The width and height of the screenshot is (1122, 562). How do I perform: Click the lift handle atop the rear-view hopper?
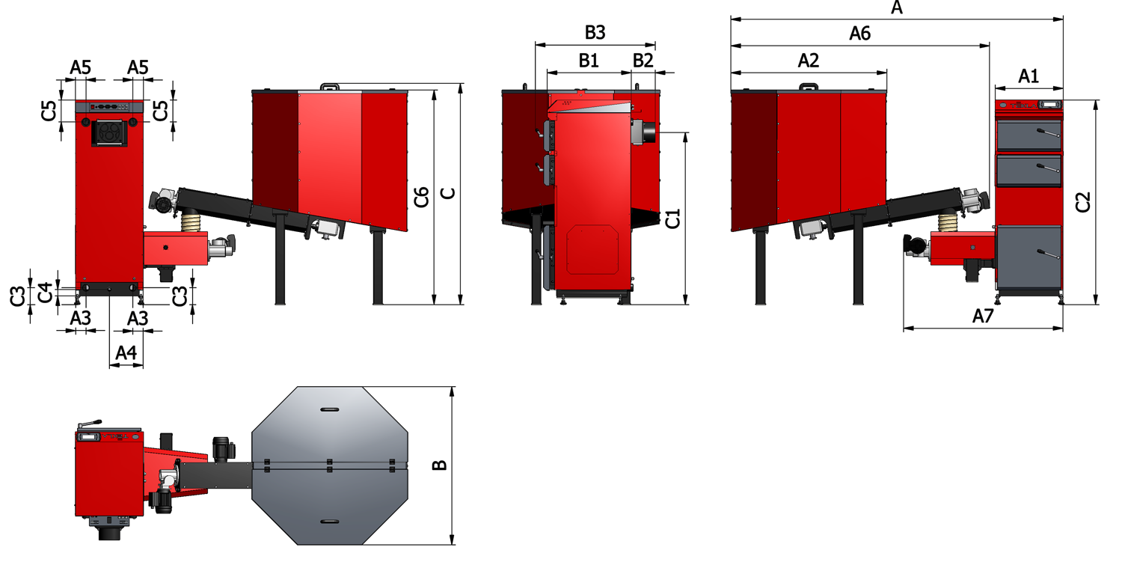[x=330, y=88]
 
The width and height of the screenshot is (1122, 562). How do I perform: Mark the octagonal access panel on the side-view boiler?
[x=592, y=251]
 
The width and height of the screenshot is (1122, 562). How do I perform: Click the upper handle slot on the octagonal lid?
[x=329, y=409]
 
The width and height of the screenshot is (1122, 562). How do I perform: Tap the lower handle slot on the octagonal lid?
[x=329, y=521]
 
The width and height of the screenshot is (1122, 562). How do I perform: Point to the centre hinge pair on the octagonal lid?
[x=329, y=465]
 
